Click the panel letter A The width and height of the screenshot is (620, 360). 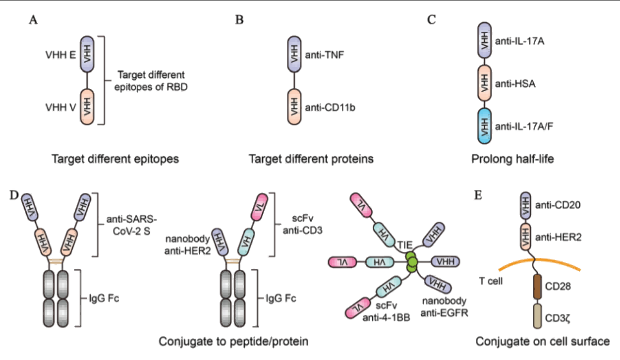point(33,21)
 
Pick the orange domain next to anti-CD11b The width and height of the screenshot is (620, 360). point(297,106)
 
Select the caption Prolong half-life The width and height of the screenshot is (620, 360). point(507,159)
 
